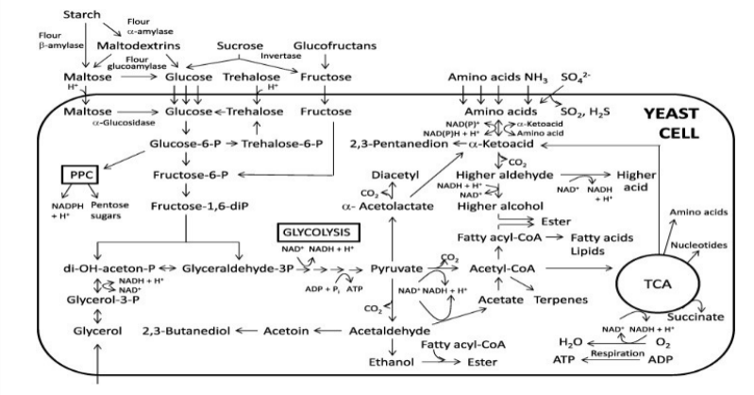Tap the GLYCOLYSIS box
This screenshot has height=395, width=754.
(314, 230)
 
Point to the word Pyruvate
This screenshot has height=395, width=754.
(397, 269)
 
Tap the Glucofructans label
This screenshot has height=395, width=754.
(331, 45)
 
